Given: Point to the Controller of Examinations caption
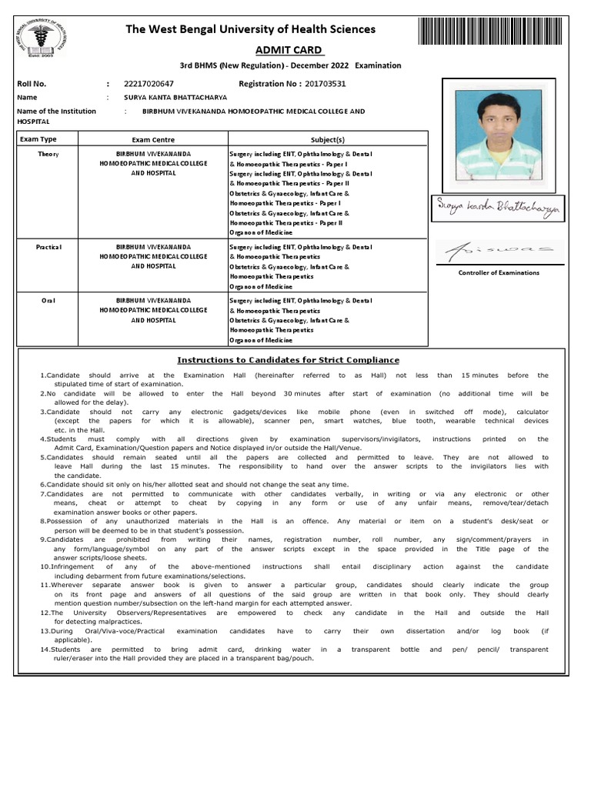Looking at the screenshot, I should [499, 272].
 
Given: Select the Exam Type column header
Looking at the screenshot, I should [38, 139].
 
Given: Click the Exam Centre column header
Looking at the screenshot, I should [153, 140].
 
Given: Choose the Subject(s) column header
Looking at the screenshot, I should [328, 140].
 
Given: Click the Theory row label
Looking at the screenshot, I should [48, 155].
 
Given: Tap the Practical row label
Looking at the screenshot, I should [48, 247].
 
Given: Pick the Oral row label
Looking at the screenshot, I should [48, 300].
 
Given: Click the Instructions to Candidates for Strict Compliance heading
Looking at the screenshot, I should [289, 360].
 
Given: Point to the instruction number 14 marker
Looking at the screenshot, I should [45, 649].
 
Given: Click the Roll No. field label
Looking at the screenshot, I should [32, 83].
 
